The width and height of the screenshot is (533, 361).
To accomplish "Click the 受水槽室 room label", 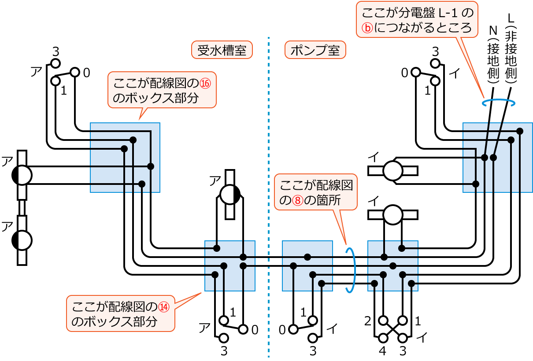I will [222, 50].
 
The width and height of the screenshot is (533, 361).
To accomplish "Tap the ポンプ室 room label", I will [315, 50].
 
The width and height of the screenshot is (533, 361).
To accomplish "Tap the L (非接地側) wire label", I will [511, 51].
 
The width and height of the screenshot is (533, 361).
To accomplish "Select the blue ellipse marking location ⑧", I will [351, 270].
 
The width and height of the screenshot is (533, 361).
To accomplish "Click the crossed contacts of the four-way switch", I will [392, 329].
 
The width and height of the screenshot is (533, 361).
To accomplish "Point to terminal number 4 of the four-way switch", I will [382, 352].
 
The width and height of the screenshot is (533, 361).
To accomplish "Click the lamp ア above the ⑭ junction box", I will [229, 194].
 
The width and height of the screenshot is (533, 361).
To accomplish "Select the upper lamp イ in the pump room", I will [393, 171].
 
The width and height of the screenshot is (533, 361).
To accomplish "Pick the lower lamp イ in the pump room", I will [393, 214].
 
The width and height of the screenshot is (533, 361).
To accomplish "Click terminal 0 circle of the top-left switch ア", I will [74, 72].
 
